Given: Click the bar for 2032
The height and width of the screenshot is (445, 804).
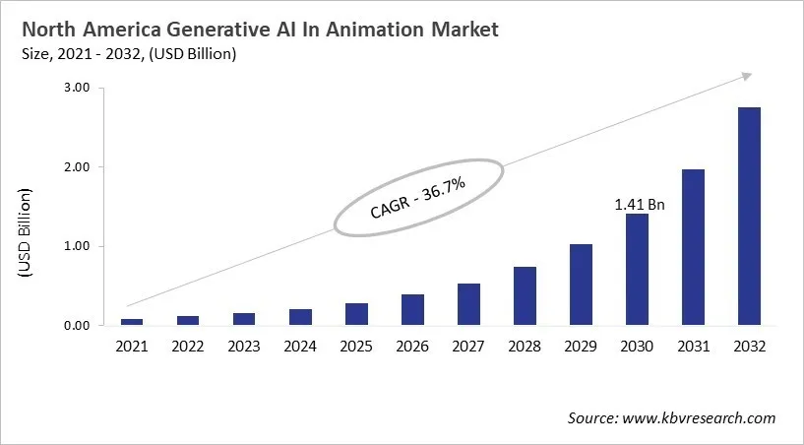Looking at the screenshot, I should point(749,217).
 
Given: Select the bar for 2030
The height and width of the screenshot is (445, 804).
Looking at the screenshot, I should point(637,270).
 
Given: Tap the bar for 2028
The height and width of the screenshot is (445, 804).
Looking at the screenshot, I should point(524,296).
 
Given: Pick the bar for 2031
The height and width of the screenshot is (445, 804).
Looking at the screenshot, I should point(693,247).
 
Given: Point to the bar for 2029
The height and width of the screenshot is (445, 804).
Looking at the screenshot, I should point(581,285).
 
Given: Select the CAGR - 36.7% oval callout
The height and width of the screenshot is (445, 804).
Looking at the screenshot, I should point(418,197).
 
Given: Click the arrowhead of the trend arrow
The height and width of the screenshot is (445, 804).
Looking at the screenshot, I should point(747,75).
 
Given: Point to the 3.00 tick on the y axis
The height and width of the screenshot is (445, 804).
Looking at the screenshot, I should point(77,89).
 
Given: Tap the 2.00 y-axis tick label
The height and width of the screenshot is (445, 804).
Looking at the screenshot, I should point(77,167).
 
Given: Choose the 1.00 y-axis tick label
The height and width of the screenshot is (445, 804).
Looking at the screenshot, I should point(77,246).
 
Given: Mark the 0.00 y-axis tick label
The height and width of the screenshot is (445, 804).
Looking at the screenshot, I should point(77,326).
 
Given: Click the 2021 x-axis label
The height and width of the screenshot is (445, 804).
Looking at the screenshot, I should point(131,347).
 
